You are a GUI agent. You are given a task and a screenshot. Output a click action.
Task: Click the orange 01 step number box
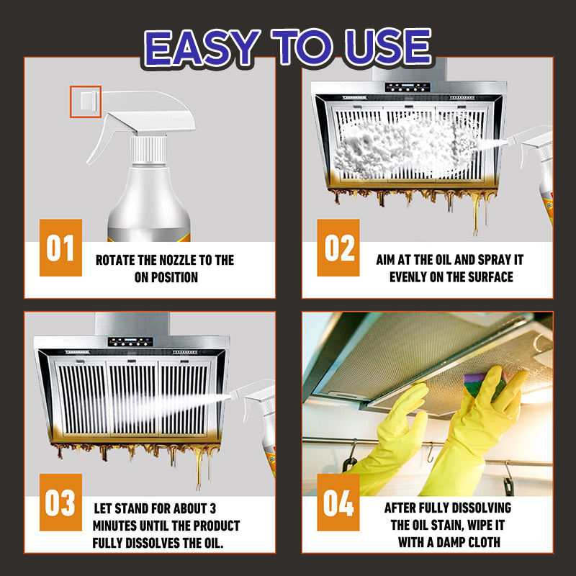coord(60,248)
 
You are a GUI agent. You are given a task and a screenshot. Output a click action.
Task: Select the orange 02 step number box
coord(338,248)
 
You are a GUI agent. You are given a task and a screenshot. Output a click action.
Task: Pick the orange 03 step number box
coord(60,502)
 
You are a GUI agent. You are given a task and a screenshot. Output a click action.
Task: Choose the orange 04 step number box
coord(338,502)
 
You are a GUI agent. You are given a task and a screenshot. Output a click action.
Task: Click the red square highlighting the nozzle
coord(85,102)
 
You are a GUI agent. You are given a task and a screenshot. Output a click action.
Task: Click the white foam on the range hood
coord(403,144)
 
